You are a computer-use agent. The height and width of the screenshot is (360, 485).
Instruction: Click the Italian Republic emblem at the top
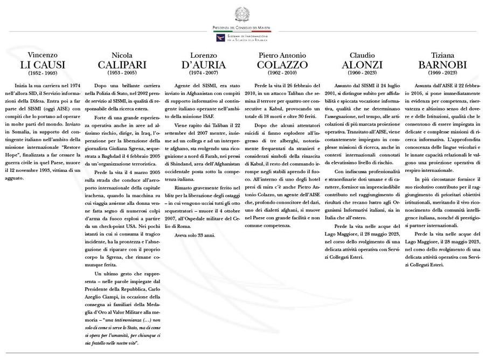[x=242, y=13]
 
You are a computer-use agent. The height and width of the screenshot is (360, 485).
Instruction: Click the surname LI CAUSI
[x=43, y=65]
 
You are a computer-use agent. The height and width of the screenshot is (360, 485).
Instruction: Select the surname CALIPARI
[x=122, y=65]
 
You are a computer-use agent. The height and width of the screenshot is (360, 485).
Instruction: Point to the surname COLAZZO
[x=283, y=65]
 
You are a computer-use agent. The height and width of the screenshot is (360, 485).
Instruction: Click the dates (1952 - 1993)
[x=43, y=73]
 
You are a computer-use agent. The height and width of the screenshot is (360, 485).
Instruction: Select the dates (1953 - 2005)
[x=122, y=73]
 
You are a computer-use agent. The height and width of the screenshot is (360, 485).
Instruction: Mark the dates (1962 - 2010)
[x=283, y=73]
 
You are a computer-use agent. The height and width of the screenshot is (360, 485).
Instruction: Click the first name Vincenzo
[x=43, y=56]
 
